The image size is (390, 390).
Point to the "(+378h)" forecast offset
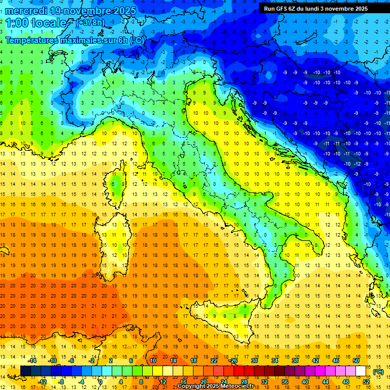[91, 23]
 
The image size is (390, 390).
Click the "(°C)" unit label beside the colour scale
[378, 372]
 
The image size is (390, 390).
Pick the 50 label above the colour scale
[356, 361]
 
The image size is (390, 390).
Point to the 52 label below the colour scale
[366, 382]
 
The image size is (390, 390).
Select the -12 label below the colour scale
[43, 382]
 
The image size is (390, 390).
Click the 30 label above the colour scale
[254, 361]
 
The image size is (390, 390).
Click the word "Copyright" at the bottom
[192, 386]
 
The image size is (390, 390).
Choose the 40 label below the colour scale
[306, 382]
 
